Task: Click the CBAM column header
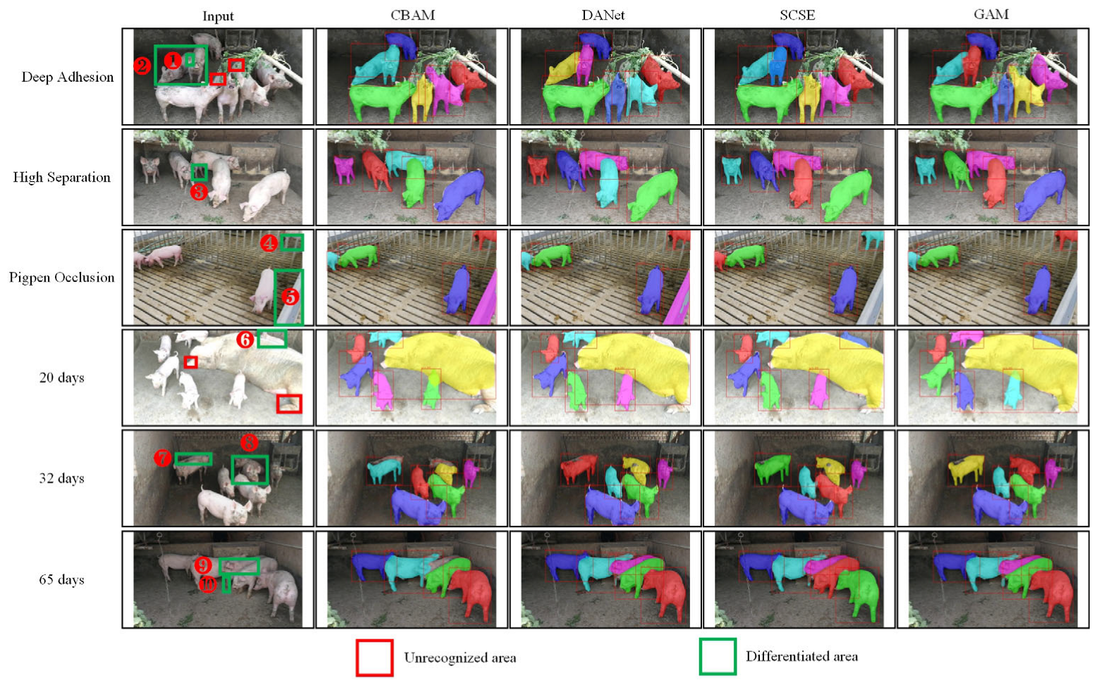coord(412,15)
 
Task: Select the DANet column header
coord(603,15)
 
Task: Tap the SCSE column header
coord(797,15)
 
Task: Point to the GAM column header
coord(990,15)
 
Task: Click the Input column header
coord(218,16)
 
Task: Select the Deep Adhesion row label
coord(67,77)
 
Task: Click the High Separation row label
coord(61,177)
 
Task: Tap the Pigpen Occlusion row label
coord(61,277)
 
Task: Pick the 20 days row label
coord(61,377)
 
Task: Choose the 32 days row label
coord(61,478)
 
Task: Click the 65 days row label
coord(61,579)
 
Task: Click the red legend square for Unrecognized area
coord(374,657)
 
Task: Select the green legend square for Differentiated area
coord(718,656)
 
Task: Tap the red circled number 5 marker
coord(290,297)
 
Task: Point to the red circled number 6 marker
coord(245,340)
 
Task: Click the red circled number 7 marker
coord(163,458)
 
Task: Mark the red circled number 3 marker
coord(198,190)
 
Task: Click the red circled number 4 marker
coord(269,243)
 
